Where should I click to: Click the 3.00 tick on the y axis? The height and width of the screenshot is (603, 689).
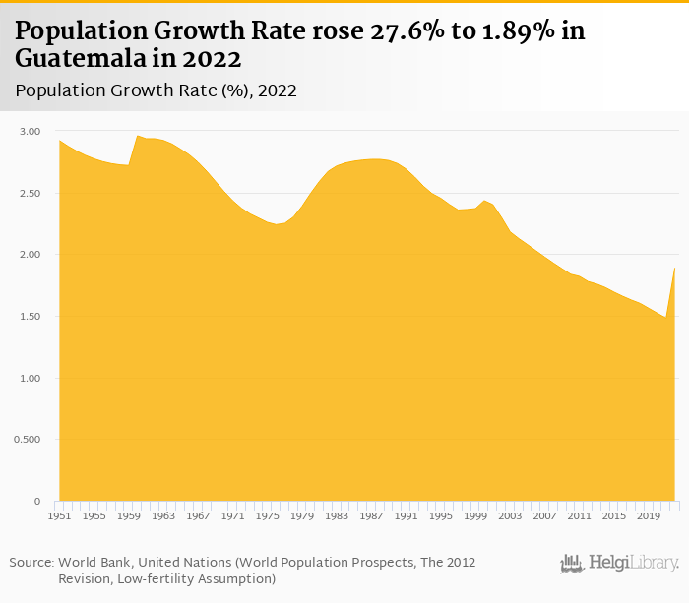tap(29, 132)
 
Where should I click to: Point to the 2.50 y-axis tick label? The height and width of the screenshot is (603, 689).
tap(29, 194)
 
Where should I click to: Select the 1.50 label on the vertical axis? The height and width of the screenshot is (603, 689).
tap(29, 317)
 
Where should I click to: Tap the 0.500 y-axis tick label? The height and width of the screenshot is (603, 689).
tap(27, 440)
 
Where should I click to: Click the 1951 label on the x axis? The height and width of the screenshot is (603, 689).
tap(59, 515)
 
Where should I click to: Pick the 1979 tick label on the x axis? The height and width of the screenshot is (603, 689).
tap(302, 515)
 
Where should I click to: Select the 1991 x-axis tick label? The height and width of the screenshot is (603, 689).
tap(406, 515)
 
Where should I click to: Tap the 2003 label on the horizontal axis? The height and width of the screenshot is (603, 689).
tap(510, 515)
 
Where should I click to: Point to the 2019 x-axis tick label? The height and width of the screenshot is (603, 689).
tap(648, 515)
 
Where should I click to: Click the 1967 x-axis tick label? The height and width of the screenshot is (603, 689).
tap(198, 515)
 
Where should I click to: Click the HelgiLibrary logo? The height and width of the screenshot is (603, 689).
tap(619, 563)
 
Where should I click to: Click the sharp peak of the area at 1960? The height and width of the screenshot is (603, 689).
tap(137, 136)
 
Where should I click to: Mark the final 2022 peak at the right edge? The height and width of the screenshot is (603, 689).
tap(674, 268)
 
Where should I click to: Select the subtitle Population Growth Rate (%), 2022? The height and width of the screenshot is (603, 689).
tap(157, 90)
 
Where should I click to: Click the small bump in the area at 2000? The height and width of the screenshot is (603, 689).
tap(484, 201)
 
